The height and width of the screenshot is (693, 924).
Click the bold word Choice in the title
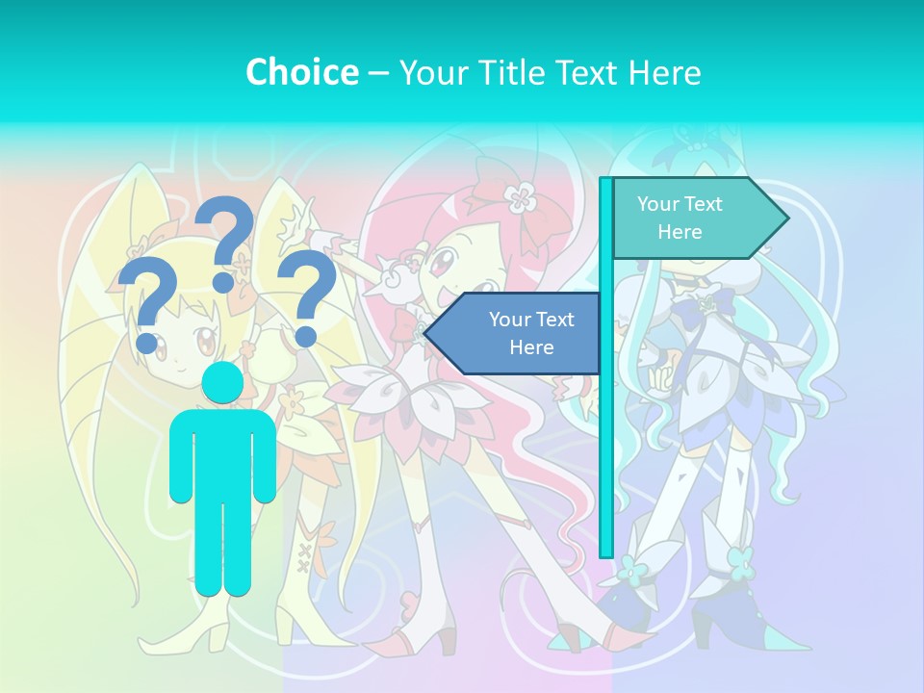click(x=301, y=72)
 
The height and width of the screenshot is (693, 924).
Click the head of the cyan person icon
click(x=223, y=383)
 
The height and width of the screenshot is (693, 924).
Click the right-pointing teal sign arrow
click(x=698, y=218)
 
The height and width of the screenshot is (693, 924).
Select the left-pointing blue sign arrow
click(x=515, y=334)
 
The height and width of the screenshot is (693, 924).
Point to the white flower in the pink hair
click(x=521, y=197)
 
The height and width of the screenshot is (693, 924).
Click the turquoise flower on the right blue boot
click(x=741, y=558)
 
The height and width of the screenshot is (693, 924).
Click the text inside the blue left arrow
click(x=530, y=333)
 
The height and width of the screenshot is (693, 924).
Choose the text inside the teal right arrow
click(x=680, y=218)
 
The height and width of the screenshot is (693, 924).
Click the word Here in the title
click(x=664, y=72)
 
